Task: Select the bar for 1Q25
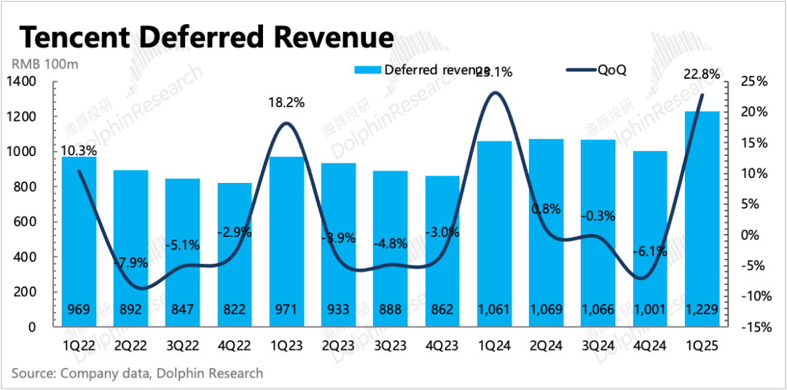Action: click(x=702, y=219)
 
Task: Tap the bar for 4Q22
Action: click(x=235, y=254)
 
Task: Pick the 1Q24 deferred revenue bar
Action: click(x=494, y=233)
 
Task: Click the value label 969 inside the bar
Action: click(x=79, y=310)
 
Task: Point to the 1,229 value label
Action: click(x=702, y=310)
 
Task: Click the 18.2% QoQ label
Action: click(x=286, y=103)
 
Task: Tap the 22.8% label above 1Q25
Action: click(x=702, y=74)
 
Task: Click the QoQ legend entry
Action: click(x=598, y=70)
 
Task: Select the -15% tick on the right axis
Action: click(x=755, y=327)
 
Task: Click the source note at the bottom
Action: click(x=137, y=374)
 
